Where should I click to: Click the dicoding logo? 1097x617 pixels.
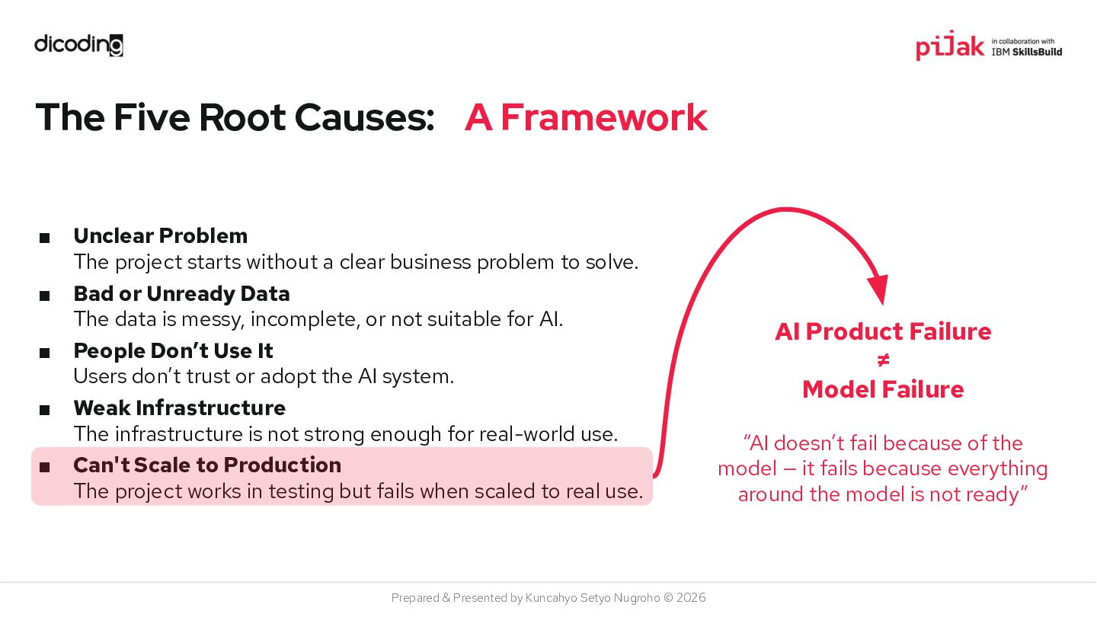coord(78,45)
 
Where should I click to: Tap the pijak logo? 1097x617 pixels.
coord(950,46)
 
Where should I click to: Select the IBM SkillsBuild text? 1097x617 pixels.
coord(1026,52)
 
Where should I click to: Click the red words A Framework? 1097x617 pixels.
coord(586,117)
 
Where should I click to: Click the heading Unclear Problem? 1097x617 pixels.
coord(160,235)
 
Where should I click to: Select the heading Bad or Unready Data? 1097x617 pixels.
coord(181,293)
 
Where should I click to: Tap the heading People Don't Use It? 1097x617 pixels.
coord(173,350)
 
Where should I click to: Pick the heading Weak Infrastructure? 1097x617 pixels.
coord(179,408)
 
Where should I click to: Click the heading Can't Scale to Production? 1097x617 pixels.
coord(206,465)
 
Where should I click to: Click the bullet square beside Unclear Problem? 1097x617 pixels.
coord(45,238)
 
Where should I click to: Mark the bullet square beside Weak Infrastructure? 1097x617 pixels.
coord(45,411)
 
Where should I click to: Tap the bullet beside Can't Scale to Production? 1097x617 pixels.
coord(45,468)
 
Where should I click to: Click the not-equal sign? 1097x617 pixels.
coord(883,360)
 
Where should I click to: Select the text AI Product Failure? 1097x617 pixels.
coord(883,331)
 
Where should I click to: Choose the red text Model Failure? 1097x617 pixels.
coord(883,389)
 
